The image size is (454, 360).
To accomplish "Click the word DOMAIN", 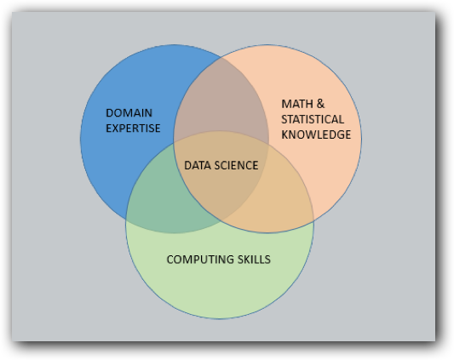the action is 129,113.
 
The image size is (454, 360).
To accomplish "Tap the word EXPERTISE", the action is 133,129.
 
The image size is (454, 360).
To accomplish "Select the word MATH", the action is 297,104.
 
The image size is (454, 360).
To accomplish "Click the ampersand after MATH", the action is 320,104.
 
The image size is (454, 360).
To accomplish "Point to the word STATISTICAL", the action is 313,119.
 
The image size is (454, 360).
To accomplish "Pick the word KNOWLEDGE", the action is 316,134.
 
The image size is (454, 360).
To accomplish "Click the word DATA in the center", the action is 195,165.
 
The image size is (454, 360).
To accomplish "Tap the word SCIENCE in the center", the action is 234,165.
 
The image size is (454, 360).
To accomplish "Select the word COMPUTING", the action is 200,260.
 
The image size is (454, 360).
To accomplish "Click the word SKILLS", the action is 254,260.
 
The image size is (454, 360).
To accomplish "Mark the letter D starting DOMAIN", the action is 110,113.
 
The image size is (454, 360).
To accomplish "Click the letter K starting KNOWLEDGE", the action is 285,134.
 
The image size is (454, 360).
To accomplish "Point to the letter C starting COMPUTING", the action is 170,260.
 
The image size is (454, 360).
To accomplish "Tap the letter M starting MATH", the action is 286,104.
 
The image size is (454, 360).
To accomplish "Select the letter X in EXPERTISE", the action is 116,129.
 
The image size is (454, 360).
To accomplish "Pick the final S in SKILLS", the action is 267,260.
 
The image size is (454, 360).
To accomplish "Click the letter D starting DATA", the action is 188,165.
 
